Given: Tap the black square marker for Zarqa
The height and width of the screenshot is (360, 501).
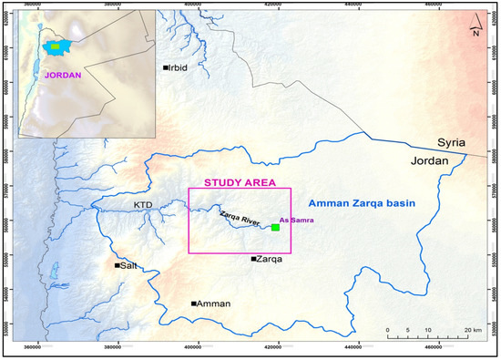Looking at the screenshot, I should tap(254, 259).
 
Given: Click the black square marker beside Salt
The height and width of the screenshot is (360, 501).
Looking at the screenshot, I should tap(118, 265).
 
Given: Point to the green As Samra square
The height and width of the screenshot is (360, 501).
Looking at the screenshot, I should tap(276, 227).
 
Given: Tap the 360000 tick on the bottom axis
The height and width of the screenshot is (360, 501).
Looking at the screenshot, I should tap(33, 347).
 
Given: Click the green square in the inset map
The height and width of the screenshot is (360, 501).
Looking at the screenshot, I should tap(56, 45).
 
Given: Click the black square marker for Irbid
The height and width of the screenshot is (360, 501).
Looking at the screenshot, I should tap(166, 67).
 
